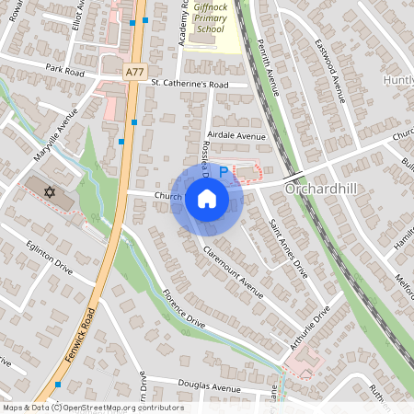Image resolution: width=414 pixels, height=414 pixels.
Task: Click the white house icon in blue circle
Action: tap(207, 198)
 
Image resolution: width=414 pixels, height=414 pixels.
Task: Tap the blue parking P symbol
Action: tap(223, 172)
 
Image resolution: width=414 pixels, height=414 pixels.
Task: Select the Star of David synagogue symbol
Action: tap(51, 193)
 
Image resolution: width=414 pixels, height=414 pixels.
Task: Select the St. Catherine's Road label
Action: tap(189, 84)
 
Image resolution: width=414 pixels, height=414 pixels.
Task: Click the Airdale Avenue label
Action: tap(237, 135)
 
